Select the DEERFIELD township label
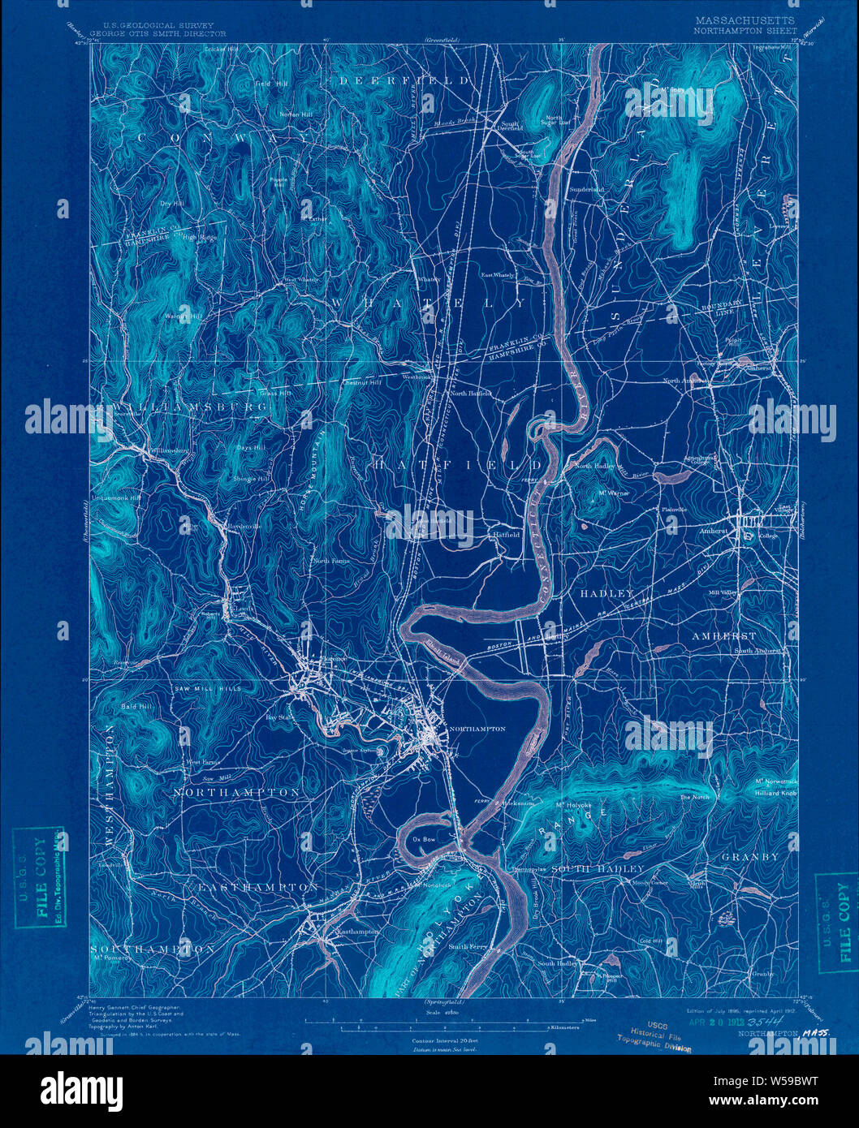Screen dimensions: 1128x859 (x=404, y=81)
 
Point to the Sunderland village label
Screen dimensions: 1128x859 (x=588, y=189)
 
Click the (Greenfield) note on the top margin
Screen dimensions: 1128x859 (x=442, y=39)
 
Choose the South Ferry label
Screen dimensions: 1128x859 (x=468, y=946)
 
